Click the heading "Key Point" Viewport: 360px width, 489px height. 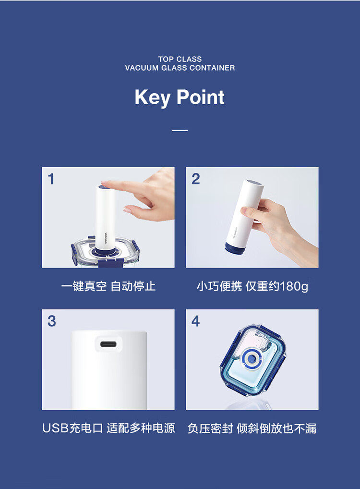(x=180, y=98)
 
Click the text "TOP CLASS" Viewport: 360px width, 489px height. (x=180, y=59)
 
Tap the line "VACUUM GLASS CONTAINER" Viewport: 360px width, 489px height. (x=180, y=68)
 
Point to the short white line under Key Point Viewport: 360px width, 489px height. (x=180, y=130)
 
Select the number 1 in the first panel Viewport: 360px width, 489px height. (x=51, y=179)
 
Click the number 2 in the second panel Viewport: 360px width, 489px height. (x=195, y=179)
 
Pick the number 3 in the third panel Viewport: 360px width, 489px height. (x=52, y=321)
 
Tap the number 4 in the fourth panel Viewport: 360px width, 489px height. (x=195, y=321)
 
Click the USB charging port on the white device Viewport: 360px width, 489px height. (x=108, y=344)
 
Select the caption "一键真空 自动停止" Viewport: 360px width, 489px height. (x=108, y=286)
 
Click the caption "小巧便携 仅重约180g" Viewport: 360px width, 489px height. (x=252, y=286)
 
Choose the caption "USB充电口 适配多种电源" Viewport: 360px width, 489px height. (x=108, y=428)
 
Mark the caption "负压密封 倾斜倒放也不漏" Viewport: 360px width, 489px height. (x=252, y=428)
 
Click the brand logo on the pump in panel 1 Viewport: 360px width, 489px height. (x=106, y=240)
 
